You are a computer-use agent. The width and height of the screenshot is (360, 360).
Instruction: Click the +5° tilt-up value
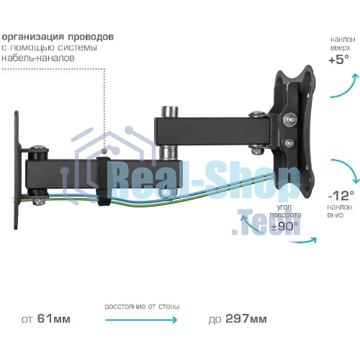tap(338, 59)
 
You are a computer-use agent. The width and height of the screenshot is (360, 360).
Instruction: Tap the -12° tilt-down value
tap(341, 195)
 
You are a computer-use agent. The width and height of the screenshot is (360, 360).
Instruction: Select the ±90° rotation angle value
tap(284, 226)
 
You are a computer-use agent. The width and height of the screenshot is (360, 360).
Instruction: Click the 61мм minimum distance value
tap(54, 319)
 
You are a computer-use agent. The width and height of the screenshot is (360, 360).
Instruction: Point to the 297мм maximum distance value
tap(246, 319)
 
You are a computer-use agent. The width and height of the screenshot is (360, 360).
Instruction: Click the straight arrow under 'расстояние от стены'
tap(141, 320)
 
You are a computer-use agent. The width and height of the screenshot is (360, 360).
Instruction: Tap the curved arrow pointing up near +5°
tap(346, 86)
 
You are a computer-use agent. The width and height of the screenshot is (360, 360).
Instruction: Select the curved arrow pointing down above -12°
tap(346, 169)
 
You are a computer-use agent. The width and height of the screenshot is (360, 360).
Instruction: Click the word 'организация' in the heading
tap(33, 37)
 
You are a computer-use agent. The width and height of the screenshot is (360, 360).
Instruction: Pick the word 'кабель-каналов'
tap(38, 58)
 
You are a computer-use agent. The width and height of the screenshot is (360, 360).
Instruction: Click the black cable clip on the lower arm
tap(104, 181)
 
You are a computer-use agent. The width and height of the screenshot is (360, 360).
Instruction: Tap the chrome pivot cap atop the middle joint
tap(170, 112)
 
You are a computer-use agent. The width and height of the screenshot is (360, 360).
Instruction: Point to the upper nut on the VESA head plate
tap(289, 119)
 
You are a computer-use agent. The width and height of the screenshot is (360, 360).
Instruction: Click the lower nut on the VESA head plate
tap(290, 143)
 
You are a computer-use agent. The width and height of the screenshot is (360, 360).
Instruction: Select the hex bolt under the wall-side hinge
tap(39, 201)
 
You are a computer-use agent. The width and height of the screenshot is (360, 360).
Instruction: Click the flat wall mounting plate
tap(17, 170)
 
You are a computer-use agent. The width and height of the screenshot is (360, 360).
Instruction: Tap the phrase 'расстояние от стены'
tap(142, 307)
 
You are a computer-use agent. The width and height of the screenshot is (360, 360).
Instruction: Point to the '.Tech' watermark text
tap(266, 222)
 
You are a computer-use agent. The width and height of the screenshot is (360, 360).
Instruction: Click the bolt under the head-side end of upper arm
tap(257, 151)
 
